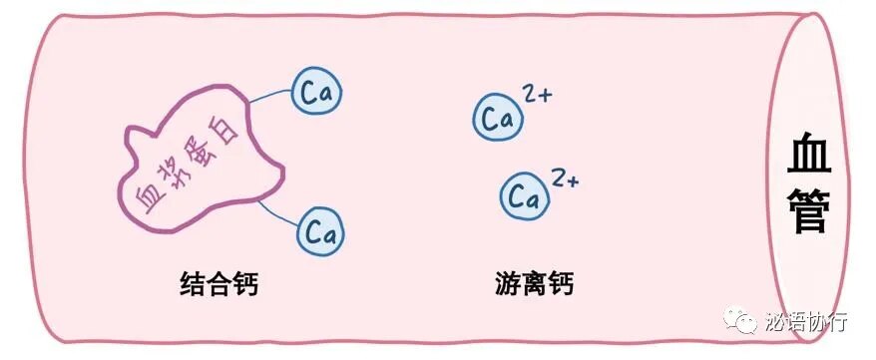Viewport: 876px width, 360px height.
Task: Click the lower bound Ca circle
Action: coord(321,232)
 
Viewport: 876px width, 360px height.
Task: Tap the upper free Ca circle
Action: coord(496,119)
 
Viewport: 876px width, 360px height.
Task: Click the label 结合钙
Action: coord(219,285)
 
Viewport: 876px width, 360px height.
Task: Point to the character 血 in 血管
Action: coord(809,156)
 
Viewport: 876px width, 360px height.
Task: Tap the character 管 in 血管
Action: coord(809,211)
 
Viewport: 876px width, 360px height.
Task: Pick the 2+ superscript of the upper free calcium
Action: coord(537,97)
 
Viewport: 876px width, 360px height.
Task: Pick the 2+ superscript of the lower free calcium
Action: coord(566,179)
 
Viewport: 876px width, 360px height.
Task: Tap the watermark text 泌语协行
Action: coord(807,322)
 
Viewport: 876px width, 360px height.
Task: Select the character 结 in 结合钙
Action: coord(192,285)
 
